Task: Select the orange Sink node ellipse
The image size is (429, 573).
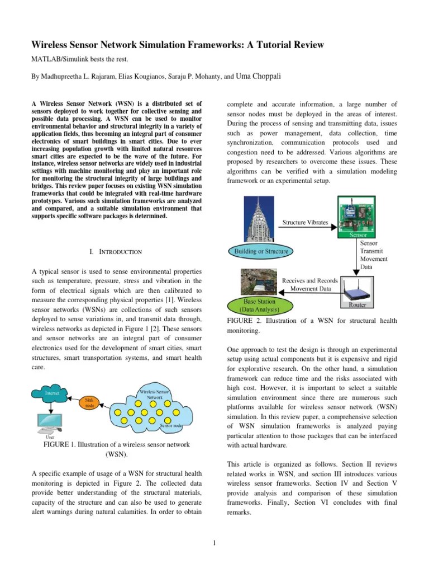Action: (x=89, y=403)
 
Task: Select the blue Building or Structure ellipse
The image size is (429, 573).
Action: (x=261, y=251)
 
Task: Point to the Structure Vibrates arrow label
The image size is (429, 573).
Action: (x=305, y=222)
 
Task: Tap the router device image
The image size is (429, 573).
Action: (x=357, y=291)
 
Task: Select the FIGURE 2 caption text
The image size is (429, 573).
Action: (x=312, y=326)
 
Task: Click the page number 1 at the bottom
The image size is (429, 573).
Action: (x=214, y=542)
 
